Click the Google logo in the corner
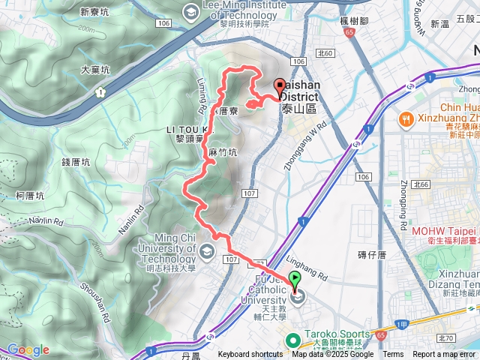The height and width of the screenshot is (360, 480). pos(28,349)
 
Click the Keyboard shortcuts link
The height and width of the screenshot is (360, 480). pos(250,355)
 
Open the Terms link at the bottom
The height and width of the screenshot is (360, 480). pos(393,355)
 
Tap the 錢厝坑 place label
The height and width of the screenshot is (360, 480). pos(76,161)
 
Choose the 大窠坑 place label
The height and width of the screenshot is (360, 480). pos(96,68)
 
